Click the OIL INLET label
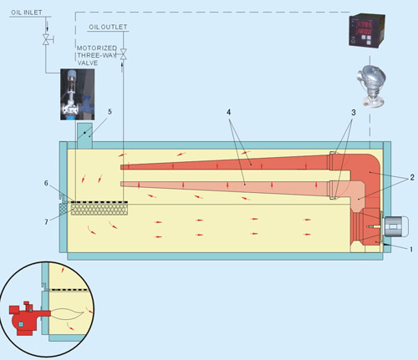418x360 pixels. pos(27,13)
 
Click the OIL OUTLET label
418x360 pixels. pos(108,27)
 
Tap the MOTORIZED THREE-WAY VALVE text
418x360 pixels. pos(96,55)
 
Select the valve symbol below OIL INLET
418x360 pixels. pos(47,39)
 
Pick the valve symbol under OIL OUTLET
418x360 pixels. pos(123,54)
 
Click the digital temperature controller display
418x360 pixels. pos(367,31)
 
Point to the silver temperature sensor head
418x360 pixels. pos(372,86)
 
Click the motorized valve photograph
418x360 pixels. pos(78,94)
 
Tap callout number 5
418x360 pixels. pos(110,112)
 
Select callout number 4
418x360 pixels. pos(229,112)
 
